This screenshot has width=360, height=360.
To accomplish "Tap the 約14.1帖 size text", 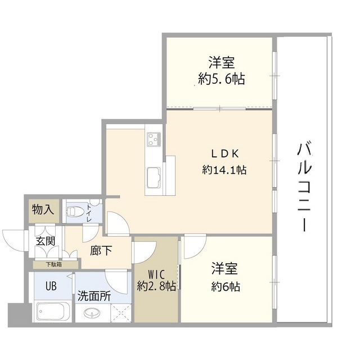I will click(225, 169).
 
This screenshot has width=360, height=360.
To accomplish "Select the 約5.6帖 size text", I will click(221, 79).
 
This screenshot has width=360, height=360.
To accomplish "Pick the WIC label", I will click(156, 274).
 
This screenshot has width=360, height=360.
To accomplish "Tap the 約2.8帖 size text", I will click(156, 286).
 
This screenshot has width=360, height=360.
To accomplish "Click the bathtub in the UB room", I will click(52, 312).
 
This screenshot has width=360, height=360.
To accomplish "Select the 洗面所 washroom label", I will click(94, 296).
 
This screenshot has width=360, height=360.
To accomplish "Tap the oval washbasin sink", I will click(90, 313).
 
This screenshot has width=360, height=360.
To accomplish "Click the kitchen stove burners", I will click(154, 138).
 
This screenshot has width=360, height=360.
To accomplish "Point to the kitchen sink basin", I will click(152, 179).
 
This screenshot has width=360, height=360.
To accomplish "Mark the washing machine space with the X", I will click(120, 313).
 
